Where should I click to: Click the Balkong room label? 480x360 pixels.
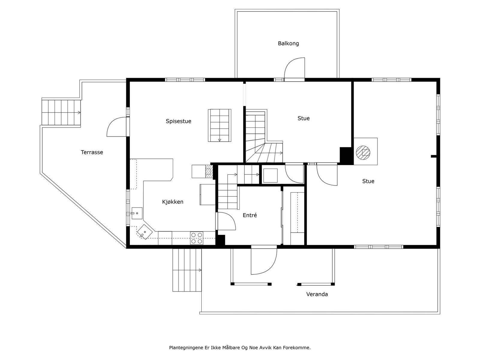click(288, 43)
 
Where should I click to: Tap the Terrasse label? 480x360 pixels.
click(92, 152)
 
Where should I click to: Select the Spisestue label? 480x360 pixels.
click(178, 121)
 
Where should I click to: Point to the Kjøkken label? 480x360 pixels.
click(172, 202)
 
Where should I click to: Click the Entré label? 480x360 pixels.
click(250, 215)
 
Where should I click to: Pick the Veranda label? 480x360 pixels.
click(317, 294)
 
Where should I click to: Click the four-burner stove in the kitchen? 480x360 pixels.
click(196, 238)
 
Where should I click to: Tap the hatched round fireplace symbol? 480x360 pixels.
click(363, 152)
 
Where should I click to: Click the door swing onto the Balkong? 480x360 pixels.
click(294, 68)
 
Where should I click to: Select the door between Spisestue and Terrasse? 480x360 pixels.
click(117, 127)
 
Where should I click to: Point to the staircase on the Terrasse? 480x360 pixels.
click(61, 112)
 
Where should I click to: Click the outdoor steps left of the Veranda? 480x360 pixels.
click(187, 270)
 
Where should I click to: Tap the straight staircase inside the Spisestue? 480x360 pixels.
click(220, 125)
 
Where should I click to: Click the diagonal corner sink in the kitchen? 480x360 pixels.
click(145, 232)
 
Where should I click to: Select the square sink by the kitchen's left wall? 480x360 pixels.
click(137, 213)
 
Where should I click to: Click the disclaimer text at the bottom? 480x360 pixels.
click(240, 348)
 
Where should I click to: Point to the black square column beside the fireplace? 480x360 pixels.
click(346, 155)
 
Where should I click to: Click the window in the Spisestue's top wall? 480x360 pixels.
click(185, 80)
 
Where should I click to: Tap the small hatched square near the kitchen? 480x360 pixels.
click(208, 171)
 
